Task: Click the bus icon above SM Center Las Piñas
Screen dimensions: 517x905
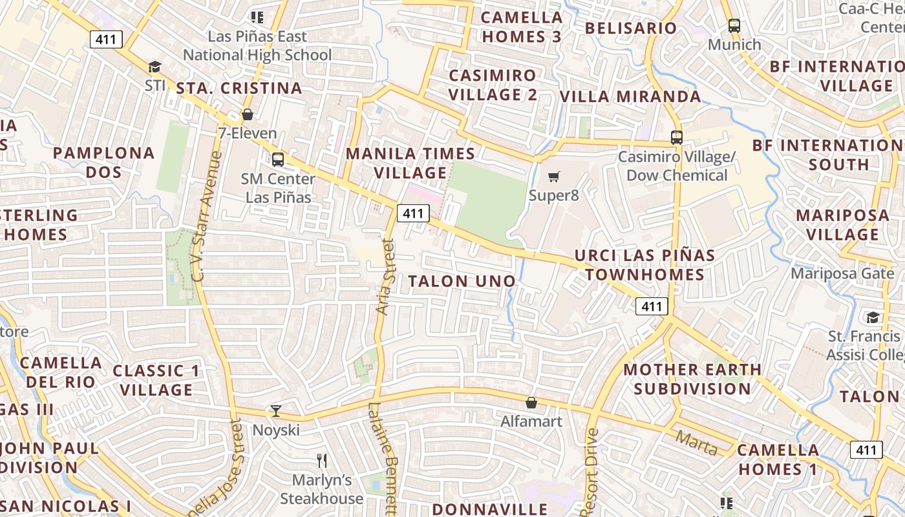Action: point(278,159)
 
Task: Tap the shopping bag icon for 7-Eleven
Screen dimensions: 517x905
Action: point(247,115)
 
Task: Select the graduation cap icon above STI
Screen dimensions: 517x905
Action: point(154,67)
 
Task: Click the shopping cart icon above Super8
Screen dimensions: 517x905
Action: point(553,176)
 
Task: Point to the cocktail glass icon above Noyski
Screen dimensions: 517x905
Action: point(276,410)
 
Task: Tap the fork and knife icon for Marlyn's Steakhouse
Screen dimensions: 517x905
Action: point(321,460)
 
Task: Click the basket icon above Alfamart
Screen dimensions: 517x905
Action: point(531,403)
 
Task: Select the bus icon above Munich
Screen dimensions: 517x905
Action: point(734,26)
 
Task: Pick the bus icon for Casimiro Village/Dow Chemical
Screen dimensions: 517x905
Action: point(676,137)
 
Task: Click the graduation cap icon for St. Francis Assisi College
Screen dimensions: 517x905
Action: point(873,317)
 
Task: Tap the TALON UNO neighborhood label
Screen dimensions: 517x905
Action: point(462,281)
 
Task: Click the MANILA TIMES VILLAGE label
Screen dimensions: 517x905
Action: point(410,163)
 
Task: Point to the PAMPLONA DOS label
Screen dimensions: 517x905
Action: point(103,162)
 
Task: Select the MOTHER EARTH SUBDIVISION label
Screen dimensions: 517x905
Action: point(692,379)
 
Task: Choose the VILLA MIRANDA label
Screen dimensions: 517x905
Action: point(630,97)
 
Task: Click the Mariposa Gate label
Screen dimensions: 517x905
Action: point(842,273)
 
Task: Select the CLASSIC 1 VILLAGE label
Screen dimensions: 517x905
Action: point(156,380)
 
